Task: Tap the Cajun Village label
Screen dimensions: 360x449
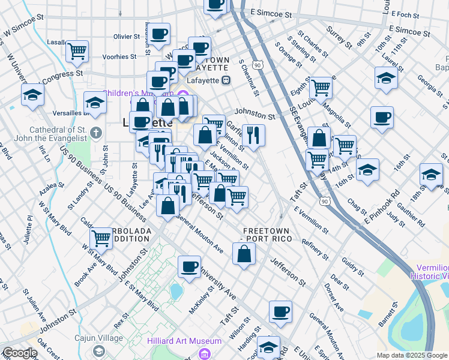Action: click(97, 337)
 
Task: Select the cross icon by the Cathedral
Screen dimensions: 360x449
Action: click(95, 131)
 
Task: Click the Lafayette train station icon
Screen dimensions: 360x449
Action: click(226, 80)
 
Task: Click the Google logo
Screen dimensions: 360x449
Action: click(20, 353)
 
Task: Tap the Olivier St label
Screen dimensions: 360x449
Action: click(126, 37)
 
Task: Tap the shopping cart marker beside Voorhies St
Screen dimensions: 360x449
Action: click(77, 51)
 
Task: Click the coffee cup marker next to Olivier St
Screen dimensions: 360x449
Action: click(159, 34)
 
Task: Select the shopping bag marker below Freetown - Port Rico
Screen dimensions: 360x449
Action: click(244, 253)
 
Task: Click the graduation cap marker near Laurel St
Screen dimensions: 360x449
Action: click(386, 77)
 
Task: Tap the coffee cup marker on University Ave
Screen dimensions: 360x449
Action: click(190, 266)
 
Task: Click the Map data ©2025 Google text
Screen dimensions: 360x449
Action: click(412, 355)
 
